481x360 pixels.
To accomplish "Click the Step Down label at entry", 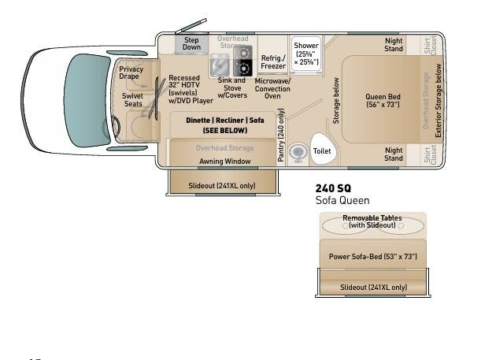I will pyautogui.click(x=191, y=43).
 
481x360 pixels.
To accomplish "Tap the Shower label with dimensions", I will pyautogui.click(x=305, y=53).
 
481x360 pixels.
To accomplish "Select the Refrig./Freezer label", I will pyautogui.click(x=272, y=62).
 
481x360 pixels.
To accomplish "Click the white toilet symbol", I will pyautogui.click(x=322, y=150).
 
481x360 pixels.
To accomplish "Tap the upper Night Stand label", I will pyautogui.click(x=394, y=44).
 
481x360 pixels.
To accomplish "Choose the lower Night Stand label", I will pyautogui.click(x=394, y=154).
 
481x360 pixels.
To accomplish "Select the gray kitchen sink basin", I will pyautogui.click(x=220, y=64).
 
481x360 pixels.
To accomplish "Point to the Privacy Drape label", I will pyautogui.click(x=131, y=72).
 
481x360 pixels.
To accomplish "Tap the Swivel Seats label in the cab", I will pyautogui.click(x=132, y=99).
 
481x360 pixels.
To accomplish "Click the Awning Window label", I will pyautogui.click(x=224, y=161).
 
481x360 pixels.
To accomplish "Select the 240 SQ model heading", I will pyautogui.click(x=333, y=188).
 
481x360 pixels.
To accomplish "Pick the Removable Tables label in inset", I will pyautogui.click(x=372, y=221).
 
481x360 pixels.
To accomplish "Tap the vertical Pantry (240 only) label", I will pyautogui.click(x=281, y=136).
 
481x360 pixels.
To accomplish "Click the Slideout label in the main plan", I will pyautogui.click(x=221, y=186).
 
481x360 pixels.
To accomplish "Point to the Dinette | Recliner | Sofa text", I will pyautogui.click(x=224, y=121).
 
